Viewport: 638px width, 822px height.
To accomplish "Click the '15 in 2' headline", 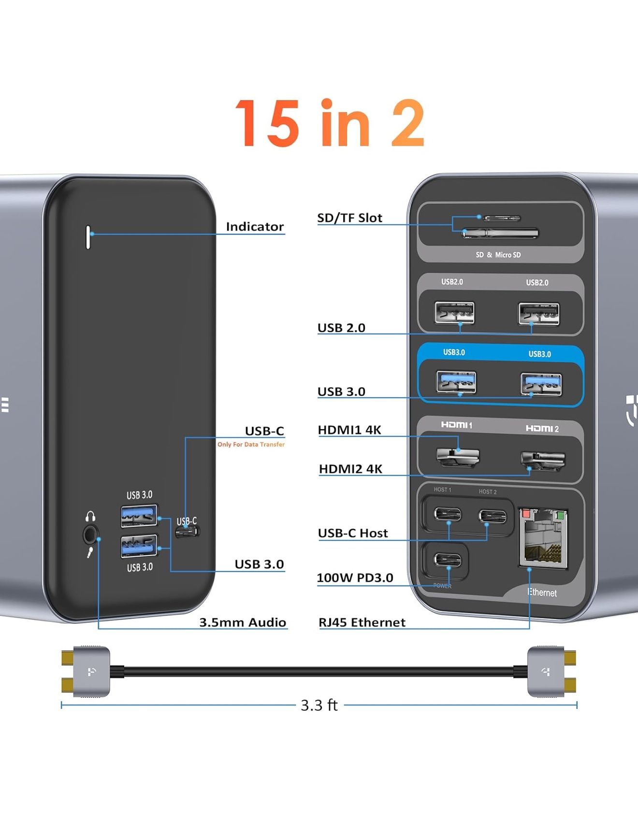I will pos(330,123).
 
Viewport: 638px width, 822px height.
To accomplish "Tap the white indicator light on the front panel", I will pos(88,237).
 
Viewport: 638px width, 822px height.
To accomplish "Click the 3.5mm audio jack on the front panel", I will pos(90,535).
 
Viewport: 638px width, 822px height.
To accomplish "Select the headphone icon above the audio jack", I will pos(90,517).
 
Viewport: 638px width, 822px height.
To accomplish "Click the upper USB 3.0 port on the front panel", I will pos(139,516).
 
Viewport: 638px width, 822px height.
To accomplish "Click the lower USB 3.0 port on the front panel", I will pos(139,547).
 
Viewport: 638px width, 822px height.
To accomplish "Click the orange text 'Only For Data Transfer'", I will pos(251,445).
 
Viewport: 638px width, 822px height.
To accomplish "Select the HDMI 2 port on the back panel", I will pos(542,460).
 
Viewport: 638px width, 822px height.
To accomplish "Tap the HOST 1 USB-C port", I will pos(448,514).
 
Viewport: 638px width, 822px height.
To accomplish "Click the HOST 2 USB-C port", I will pos(493,516).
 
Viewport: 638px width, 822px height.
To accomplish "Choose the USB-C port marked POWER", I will pos(448,561).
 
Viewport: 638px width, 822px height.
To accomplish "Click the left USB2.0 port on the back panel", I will pos(454,313).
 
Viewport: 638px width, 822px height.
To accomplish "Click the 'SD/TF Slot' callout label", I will pos(349,218).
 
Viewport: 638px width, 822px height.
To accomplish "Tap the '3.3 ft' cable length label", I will pos(319,705).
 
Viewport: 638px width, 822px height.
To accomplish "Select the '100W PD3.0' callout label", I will pos(355,578).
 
